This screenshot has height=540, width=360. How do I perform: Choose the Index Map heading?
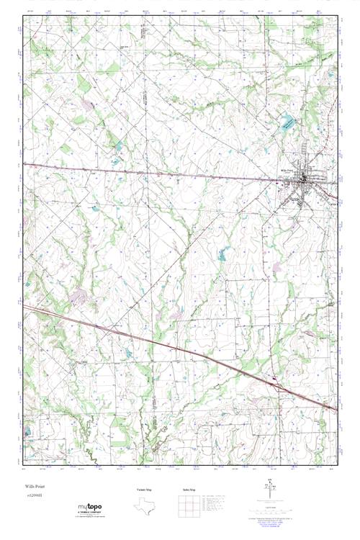pyautogui.click(x=189, y=490)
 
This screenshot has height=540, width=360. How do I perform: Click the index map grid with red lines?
pyautogui.click(x=189, y=504)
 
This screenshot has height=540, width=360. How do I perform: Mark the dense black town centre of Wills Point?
pyautogui.click(x=307, y=179)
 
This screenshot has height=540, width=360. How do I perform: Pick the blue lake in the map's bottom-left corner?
pyautogui.click(x=27, y=432)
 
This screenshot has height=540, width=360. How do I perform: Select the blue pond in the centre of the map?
pyautogui.click(x=222, y=253)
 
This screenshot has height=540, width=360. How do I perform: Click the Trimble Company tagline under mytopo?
pyautogui.click(x=94, y=516)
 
